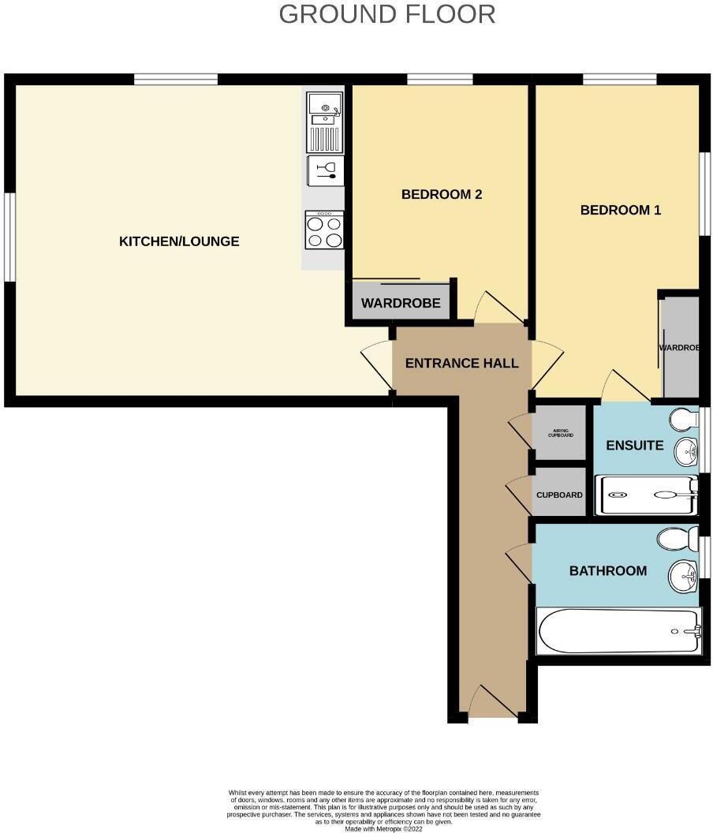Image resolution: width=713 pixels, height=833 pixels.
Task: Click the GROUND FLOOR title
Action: pyautogui.click(x=387, y=14)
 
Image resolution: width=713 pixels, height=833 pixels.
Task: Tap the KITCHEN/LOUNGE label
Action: pyautogui.click(x=179, y=241)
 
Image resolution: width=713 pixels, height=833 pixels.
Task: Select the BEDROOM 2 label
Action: pyautogui.click(x=442, y=194)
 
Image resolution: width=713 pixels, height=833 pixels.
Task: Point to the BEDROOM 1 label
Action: pyautogui.click(x=621, y=210)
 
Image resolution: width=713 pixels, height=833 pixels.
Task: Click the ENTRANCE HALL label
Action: pyautogui.click(x=462, y=364)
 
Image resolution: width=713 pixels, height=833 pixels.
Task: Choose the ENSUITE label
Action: pyautogui.click(x=634, y=445)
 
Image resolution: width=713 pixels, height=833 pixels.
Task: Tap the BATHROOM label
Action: pyautogui.click(x=608, y=570)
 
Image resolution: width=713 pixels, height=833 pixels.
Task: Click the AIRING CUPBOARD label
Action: pyautogui.click(x=560, y=433)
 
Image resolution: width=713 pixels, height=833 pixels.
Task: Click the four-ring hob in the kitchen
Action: pyautogui.click(x=325, y=230)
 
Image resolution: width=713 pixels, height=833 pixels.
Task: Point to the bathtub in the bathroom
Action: pyautogui.click(x=618, y=630)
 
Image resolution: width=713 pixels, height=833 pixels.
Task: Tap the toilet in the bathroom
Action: pyautogui.click(x=678, y=540)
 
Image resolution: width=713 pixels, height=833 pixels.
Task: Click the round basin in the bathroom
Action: pyautogui.click(x=683, y=576)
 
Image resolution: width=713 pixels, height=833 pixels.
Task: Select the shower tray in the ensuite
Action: pyautogui.click(x=646, y=495)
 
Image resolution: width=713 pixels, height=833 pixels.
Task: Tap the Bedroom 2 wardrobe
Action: pyautogui.click(x=401, y=304)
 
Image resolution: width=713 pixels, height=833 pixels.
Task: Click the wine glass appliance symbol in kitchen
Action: pyautogui.click(x=325, y=170)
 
